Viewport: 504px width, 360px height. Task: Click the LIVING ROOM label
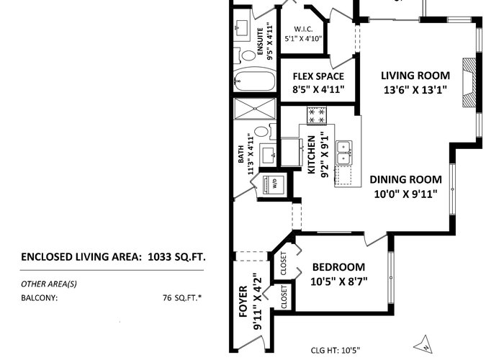point(415,76)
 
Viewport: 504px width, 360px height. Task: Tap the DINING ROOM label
point(405,179)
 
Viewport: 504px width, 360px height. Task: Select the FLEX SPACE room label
point(318,76)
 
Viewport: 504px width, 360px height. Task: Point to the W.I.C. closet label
point(303,29)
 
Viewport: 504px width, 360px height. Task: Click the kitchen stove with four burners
point(317,115)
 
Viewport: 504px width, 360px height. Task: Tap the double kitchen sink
point(344,153)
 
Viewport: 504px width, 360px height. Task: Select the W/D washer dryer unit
point(274,185)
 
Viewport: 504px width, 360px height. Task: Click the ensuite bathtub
point(255,81)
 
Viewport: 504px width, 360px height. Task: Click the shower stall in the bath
point(255,109)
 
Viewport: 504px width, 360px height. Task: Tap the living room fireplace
point(469,82)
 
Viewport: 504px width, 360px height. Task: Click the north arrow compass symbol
point(423,345)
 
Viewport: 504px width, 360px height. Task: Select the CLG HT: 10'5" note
point(336,350)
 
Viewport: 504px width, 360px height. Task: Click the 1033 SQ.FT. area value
point(176,257)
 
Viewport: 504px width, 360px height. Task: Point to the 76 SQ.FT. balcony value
point(182,297)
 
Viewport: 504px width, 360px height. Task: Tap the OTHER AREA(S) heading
point(49,284)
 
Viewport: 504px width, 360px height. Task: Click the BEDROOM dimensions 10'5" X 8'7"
point(339,282)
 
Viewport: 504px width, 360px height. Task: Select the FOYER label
point(243,302)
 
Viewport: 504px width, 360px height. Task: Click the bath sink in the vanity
point(269,156)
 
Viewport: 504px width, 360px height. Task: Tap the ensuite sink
point(241,27)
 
